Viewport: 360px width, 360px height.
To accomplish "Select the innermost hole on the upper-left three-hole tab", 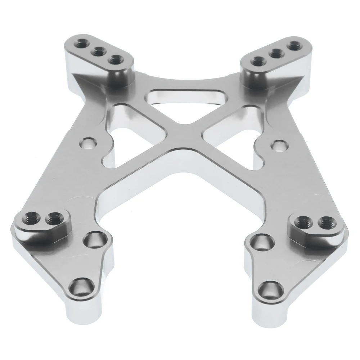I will click(114, 60).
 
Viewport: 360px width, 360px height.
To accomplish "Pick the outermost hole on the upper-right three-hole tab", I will click(295, 46).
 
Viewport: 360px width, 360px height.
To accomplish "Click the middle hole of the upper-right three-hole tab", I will click(276, 53).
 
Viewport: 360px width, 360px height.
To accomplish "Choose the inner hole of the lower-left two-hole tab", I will click(54, 218).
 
